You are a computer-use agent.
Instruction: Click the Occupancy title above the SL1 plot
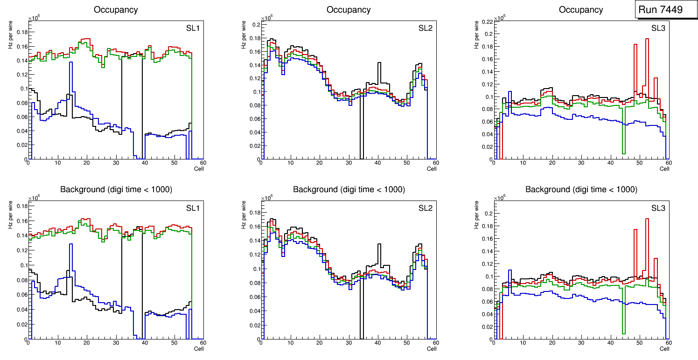(x=116, y=9)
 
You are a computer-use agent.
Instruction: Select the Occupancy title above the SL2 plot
(x=349, y=9)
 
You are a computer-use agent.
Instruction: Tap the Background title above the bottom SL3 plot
(x=581, y=189)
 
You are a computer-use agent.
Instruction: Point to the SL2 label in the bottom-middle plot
(x=426, y=208)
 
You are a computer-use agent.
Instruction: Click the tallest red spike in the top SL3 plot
(x=647, y=39)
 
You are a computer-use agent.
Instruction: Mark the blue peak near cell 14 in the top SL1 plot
(x=70, y=62)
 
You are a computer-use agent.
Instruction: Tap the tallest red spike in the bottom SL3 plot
(x=647, y=219)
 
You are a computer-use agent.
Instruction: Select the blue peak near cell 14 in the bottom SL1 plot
(x=70, y=244)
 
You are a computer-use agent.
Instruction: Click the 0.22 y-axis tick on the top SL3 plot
(x=487, y=21)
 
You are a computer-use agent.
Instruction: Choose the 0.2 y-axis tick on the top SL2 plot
(x=256, y=25)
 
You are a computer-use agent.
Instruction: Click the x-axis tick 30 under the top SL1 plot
(x=116, y=163)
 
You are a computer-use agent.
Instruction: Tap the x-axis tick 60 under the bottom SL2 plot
(x=435, y=343)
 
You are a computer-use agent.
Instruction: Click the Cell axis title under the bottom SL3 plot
(x=664, y=348)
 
